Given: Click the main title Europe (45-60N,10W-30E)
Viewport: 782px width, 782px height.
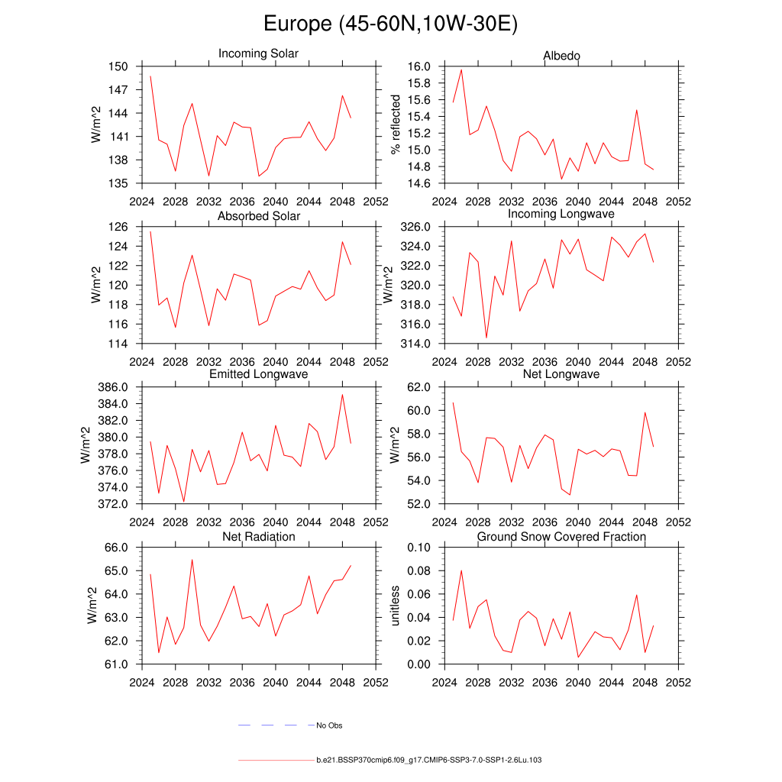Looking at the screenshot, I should pos(390,24).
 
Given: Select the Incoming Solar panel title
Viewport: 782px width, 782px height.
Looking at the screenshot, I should pos(258,54).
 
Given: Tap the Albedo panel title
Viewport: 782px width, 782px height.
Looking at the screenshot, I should pos(561,56).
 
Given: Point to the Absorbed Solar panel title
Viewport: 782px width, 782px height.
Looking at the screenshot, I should pos(259,216).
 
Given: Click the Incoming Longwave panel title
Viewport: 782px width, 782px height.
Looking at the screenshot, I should pos(561,214).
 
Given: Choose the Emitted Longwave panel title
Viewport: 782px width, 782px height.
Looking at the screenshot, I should pos(259,374).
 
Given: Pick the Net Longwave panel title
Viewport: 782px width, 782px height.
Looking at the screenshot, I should pos(561,374).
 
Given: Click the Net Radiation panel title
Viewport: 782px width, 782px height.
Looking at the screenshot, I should pos(259,537).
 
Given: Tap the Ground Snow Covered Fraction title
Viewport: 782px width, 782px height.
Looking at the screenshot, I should pos(561,537).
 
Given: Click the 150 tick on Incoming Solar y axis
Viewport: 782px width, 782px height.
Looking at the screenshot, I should pos(124,66).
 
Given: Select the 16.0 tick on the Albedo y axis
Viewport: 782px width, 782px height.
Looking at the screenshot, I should pos(422,66).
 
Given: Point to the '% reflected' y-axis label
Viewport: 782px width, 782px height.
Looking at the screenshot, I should pos(395,124).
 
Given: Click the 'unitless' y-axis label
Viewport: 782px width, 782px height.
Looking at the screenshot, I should pos(395,606).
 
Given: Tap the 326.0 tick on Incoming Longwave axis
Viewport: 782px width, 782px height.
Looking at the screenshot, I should pos(418,227).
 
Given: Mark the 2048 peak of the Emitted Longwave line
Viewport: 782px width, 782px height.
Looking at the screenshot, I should pos(342,394).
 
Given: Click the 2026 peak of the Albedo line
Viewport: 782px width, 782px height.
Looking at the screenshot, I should pos(461,69).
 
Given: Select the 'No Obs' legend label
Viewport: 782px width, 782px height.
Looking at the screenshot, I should pos(329,725).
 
